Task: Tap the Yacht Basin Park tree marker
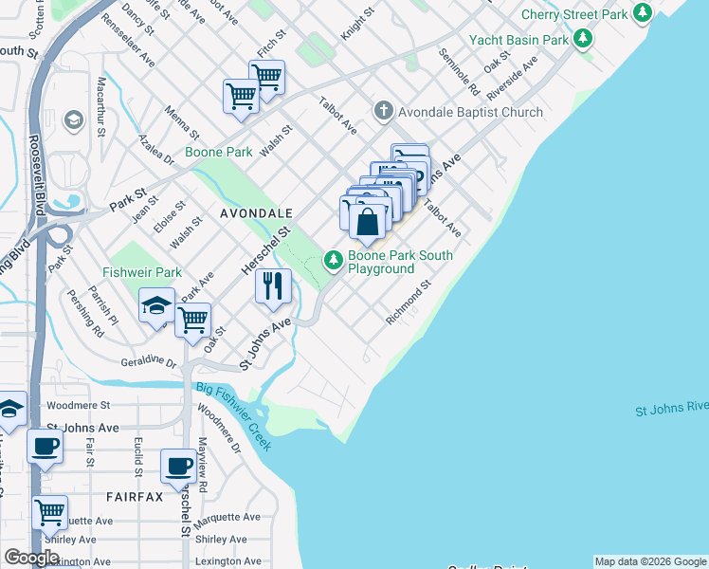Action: (x=583, y=39)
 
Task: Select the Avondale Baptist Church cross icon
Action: (x=383, y=112)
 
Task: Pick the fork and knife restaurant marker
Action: (x=273, y=284)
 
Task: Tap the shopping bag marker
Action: (x=368, y=223)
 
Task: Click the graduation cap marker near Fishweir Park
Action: (x=156, y=306)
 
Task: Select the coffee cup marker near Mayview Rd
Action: (x=179, y=467)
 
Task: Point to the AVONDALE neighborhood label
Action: (x=256, y=214)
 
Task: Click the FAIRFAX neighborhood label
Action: (x=135, y=497)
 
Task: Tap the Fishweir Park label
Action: (x=142, y=273)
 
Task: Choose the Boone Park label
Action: (x=218, y=152)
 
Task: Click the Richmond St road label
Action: (x=409, y=302)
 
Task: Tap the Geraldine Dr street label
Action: (x=149, y=362)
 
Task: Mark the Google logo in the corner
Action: (x=31, y=558)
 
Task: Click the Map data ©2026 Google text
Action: (x=650, y=561)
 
